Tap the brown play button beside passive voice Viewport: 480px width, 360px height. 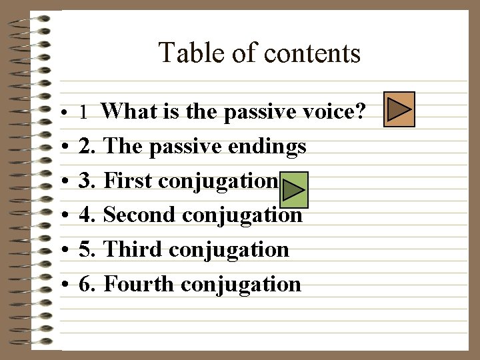[x=401, y=109]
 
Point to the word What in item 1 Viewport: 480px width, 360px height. [x=129, y=111]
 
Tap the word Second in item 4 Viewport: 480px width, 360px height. [x=140, y=215]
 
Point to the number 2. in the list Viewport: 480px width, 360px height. [x=86, y=146]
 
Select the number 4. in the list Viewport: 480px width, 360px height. [x=86, y=215]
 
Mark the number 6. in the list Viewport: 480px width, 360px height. [x=86, y=285]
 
